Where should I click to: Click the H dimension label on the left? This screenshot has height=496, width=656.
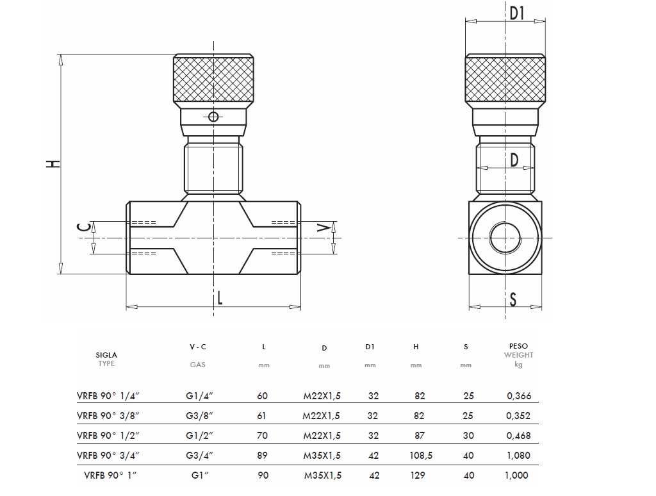point(56,163)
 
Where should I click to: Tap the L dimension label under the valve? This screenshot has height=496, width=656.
point(219,297)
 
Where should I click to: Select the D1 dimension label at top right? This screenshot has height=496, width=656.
point(517,13)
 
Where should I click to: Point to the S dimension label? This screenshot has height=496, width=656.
point(513,299)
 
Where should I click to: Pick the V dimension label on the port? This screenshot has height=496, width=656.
point(325,227)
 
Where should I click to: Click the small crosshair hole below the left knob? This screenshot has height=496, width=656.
point(214,116)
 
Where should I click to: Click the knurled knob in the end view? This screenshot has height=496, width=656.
point(506,80)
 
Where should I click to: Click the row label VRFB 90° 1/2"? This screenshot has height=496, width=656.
point(108,436)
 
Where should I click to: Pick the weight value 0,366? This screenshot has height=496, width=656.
point(518,396)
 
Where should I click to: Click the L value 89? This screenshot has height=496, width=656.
point(263,456)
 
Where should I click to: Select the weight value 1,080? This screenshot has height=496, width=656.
point(518,456)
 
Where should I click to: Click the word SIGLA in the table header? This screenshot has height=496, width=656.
point(106,354)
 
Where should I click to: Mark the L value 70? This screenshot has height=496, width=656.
point(263,436)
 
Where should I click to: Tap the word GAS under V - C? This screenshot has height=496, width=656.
point(197,364)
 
